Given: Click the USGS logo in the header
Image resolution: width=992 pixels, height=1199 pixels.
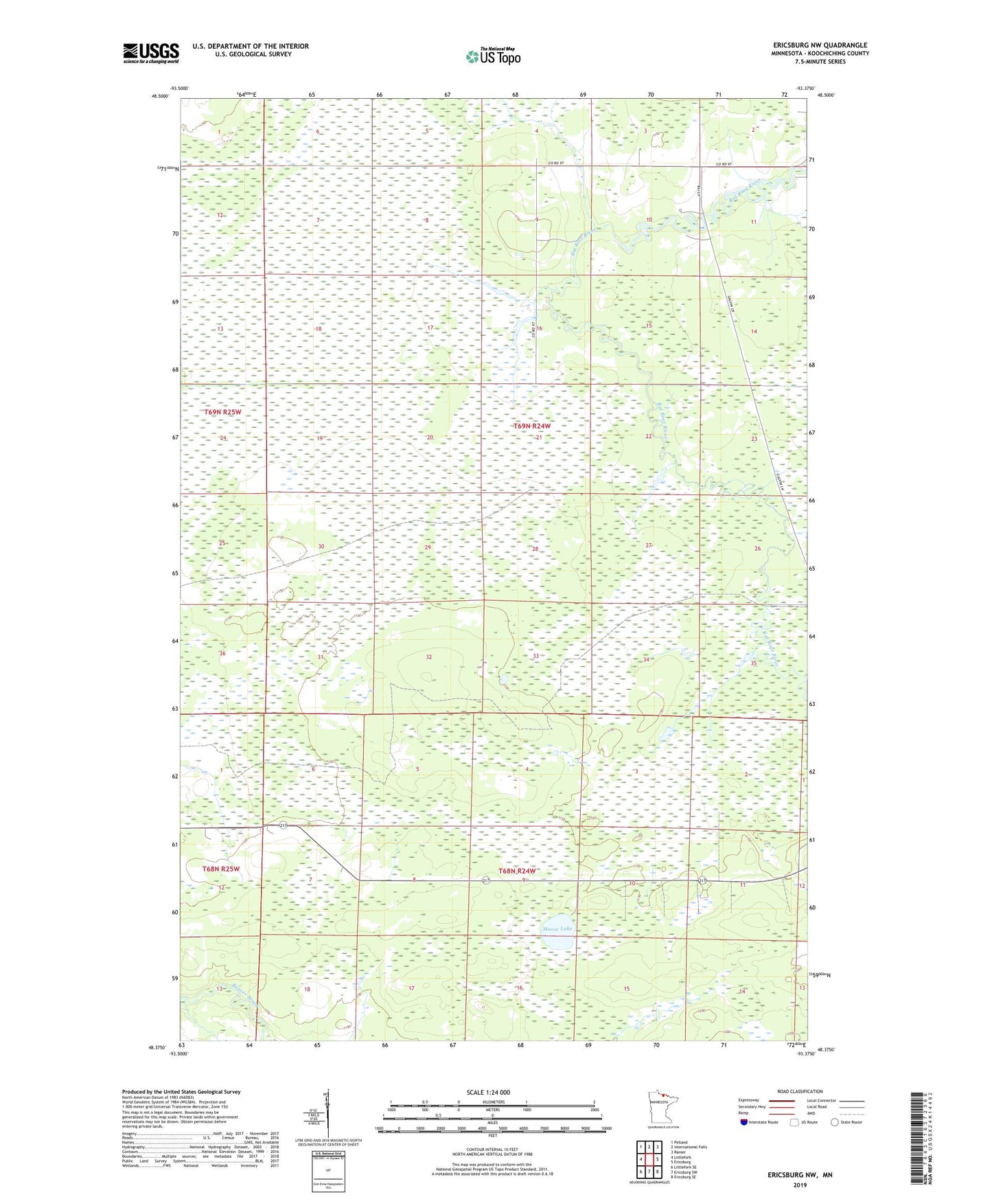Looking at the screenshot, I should click(x=150, y=53).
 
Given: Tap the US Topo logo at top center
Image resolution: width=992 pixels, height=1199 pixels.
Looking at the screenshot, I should click(x=493, y=56).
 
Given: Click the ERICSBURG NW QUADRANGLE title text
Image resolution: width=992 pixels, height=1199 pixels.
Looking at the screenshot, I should click(x=820, y=45).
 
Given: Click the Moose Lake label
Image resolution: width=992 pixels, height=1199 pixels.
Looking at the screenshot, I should click(x=556, y=928).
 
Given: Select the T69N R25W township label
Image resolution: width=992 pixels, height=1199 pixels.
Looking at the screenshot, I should click(x=222, y=412).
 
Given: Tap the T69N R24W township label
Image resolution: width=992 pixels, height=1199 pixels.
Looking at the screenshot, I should click(x=532, y=426).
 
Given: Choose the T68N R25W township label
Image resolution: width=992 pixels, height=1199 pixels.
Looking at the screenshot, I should click(x=221, y=869).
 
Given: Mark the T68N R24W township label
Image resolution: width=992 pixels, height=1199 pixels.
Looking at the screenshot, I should click(x=516, y=871).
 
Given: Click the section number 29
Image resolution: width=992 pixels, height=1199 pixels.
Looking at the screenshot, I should click(x=428, y=547).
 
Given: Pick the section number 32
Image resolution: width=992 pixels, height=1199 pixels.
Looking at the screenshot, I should click(x=428, y=657).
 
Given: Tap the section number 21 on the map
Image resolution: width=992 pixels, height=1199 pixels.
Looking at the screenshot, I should click(x=539, y=437).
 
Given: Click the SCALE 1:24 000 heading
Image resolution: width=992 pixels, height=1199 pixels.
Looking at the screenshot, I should click(x=487, y=1092).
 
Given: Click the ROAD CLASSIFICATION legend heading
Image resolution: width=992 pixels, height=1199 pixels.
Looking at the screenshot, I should click(x=800, y=1091).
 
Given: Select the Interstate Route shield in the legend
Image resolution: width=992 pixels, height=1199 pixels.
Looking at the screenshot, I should click(x=744, y=1122).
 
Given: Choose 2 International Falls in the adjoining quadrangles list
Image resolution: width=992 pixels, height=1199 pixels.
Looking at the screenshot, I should click(x=689, y=1147).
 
